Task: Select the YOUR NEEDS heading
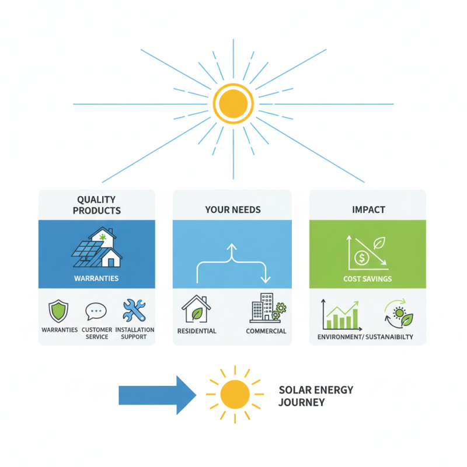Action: (232, 210)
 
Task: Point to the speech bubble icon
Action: (96, 312)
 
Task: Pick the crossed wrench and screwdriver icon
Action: (135, 311)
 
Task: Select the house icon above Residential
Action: (196, 308)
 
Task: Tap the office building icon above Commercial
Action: (262, 306)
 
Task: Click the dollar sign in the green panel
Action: (362, 257)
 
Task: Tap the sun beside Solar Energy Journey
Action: (235, 394)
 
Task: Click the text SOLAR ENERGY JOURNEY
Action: (316, 396)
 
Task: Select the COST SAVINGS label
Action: (367, 279)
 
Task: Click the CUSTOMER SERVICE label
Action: (96, 333)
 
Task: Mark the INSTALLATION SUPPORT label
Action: (135, 333)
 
